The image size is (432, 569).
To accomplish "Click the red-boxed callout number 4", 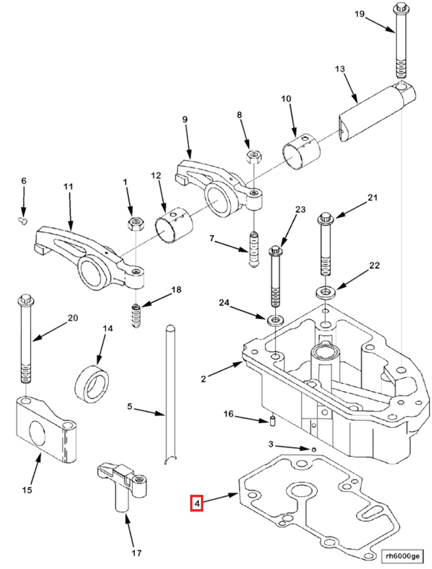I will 196,503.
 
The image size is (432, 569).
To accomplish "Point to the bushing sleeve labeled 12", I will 174,225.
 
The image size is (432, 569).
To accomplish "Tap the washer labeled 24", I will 276,320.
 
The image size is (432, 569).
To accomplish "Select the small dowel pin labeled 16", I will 273,421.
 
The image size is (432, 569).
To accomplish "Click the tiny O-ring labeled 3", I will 313,450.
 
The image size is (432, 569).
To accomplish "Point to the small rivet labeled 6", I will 23,221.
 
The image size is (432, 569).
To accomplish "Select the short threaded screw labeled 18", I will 136,316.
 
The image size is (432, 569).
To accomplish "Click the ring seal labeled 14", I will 92,384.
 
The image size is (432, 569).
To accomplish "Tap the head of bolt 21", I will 326,218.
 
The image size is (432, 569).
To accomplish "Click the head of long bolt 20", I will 26,300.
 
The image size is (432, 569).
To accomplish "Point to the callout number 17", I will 137,553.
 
